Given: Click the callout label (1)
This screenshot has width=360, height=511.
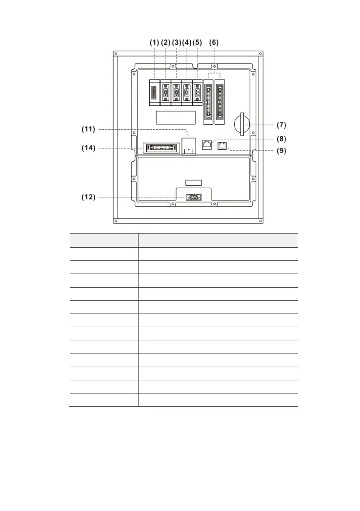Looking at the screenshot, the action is (x=154, y=42).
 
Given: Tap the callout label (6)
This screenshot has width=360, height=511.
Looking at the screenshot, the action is (x=214, y=42).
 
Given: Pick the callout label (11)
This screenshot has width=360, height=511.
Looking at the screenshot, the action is (x=88, y=130).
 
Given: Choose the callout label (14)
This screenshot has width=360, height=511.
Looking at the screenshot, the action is (x=88, y=148).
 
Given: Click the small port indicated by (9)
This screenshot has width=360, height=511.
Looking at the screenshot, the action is (x=222, y=146).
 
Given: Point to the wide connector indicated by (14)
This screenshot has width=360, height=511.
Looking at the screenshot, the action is (x=159, y=148).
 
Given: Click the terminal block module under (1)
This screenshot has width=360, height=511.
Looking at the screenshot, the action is (x=154, y=92).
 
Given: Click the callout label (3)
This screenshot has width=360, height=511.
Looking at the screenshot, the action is (x=176, y=42).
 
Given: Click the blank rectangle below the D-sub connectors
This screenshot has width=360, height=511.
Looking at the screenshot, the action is (x=176, y=117).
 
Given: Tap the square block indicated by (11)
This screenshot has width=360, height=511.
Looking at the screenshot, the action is (x=188, y=145).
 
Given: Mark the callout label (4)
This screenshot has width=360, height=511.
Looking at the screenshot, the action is (x=187, y=42).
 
